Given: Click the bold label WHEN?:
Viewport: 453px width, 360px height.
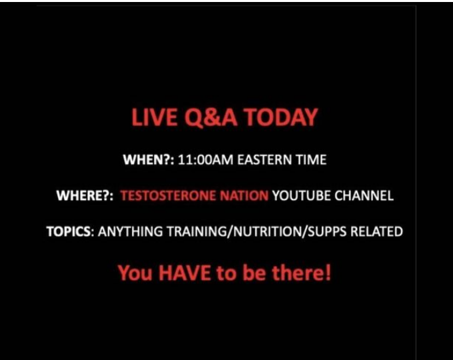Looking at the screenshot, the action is click(148, 159).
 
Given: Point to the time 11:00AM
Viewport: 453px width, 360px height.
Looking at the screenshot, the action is click(205, 159).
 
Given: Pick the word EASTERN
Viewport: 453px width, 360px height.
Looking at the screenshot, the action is click(264, 159).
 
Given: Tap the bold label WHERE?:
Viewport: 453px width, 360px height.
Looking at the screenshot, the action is click(85, 195).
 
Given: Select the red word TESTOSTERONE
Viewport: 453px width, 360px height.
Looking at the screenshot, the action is click(168, 195).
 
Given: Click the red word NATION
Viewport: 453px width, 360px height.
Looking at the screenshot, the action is click(244, 195).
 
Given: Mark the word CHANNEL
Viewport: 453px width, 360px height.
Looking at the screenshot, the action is click(364, 195).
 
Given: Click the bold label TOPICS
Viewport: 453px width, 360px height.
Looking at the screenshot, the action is click(68, 231).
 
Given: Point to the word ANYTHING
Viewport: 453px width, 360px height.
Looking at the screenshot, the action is click(131, 231).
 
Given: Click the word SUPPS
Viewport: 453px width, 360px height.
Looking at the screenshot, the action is click(326, 231).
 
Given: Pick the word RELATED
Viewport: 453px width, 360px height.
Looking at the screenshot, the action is click(376, 231).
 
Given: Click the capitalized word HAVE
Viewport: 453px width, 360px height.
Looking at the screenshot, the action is click(185, 273).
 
